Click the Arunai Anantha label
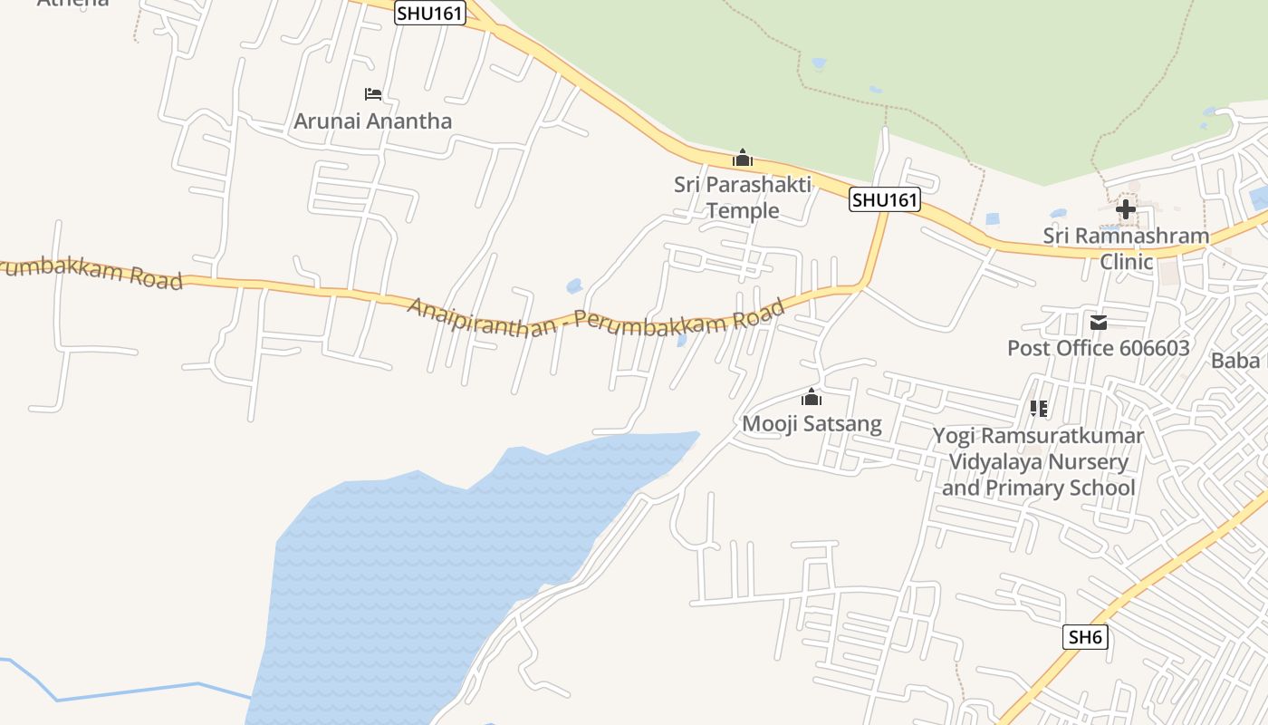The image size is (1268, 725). (372, 121)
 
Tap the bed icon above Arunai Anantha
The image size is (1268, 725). (372, 94)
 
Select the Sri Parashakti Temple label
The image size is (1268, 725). (743, 198)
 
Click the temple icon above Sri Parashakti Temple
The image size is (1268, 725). (743, 159)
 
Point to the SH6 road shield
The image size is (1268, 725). (1085, 637)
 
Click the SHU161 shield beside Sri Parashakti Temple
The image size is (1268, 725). (884, 199)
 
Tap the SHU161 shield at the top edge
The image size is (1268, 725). (430, 13)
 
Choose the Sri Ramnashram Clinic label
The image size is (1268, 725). (1126, 248)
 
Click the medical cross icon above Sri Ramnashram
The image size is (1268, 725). (1126, 209)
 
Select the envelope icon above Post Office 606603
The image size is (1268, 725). (1099, 323)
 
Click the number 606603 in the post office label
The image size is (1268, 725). (1145, 348)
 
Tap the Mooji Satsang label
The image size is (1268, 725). (812, 423)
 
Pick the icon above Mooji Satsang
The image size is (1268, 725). (812, 398)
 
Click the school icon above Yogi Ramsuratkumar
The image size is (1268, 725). (1039, 409)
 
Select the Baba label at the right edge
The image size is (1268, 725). (1235, 361)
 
